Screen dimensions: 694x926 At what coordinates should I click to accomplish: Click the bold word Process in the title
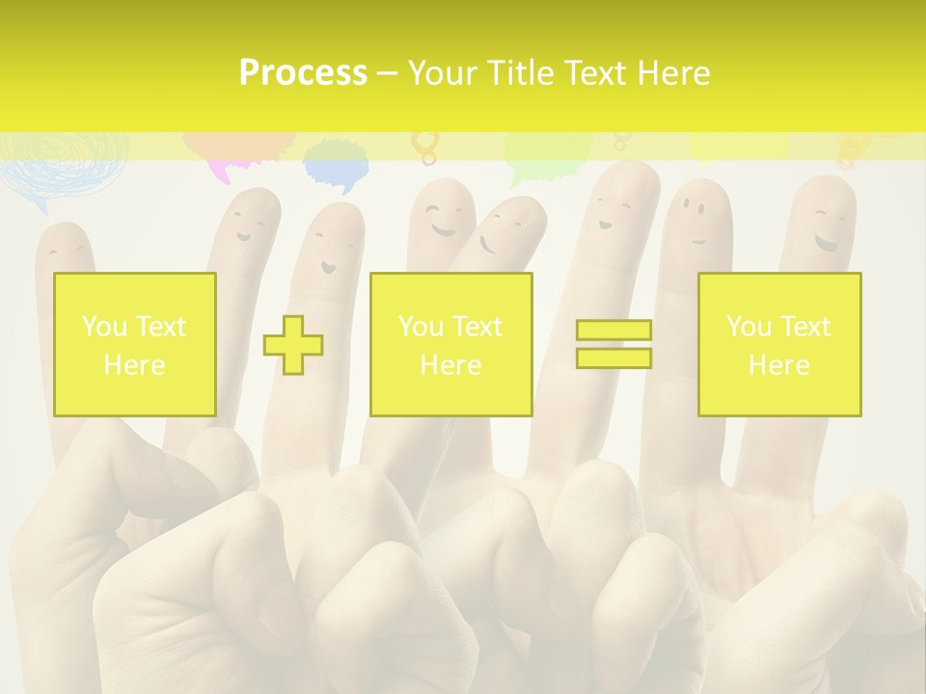(x=303, y=73)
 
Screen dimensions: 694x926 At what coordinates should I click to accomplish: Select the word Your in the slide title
(x=444, y=73)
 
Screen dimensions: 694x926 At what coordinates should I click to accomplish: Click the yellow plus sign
(x=293, y=345)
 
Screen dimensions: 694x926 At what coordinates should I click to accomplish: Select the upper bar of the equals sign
(x=613, y=331)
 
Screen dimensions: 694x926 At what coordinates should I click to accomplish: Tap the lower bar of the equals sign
(x=613, y=358)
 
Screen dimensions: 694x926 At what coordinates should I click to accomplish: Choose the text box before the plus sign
(x=135, y=345)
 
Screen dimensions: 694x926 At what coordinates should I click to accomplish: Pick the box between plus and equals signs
(x=450, y=345)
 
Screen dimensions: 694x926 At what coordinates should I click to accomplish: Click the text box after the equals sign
(x=779, y=345)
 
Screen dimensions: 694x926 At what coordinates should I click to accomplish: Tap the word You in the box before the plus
(x=104, y=327)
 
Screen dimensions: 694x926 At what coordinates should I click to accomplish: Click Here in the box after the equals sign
(x=779, y=365)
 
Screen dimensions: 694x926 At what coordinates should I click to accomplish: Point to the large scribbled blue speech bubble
(x=64, y=166)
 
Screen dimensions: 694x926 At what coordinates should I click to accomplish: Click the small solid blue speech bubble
(x=336, y=165)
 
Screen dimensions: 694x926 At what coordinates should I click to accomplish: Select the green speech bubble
(x=546, y=154)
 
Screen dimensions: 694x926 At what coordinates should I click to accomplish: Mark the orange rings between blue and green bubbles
(x=424, y=146)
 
